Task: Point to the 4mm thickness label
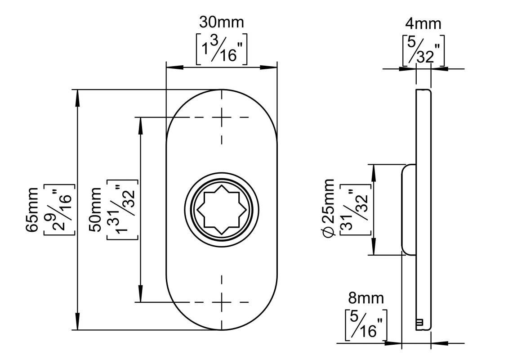point(423,24)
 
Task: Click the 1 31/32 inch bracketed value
point(122,210)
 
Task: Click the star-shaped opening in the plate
point(222,210)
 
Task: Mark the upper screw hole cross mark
point(222,117)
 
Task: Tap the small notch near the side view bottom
point(419,322)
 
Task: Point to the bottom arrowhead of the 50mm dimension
point(140,295)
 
